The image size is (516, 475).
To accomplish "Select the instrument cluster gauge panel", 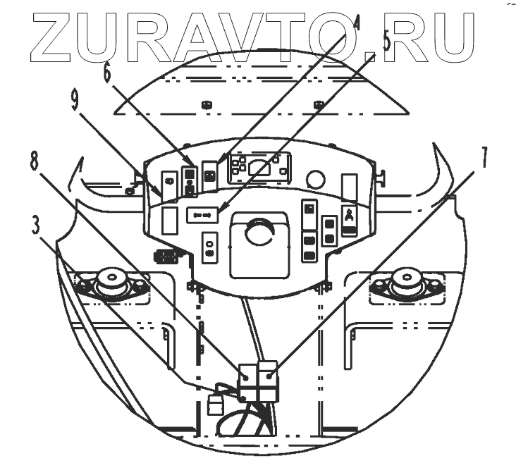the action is [x=260, y=168].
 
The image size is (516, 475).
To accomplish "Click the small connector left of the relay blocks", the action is [x=216, y=405].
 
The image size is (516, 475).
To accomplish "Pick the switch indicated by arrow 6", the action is [x=189, y=180].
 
